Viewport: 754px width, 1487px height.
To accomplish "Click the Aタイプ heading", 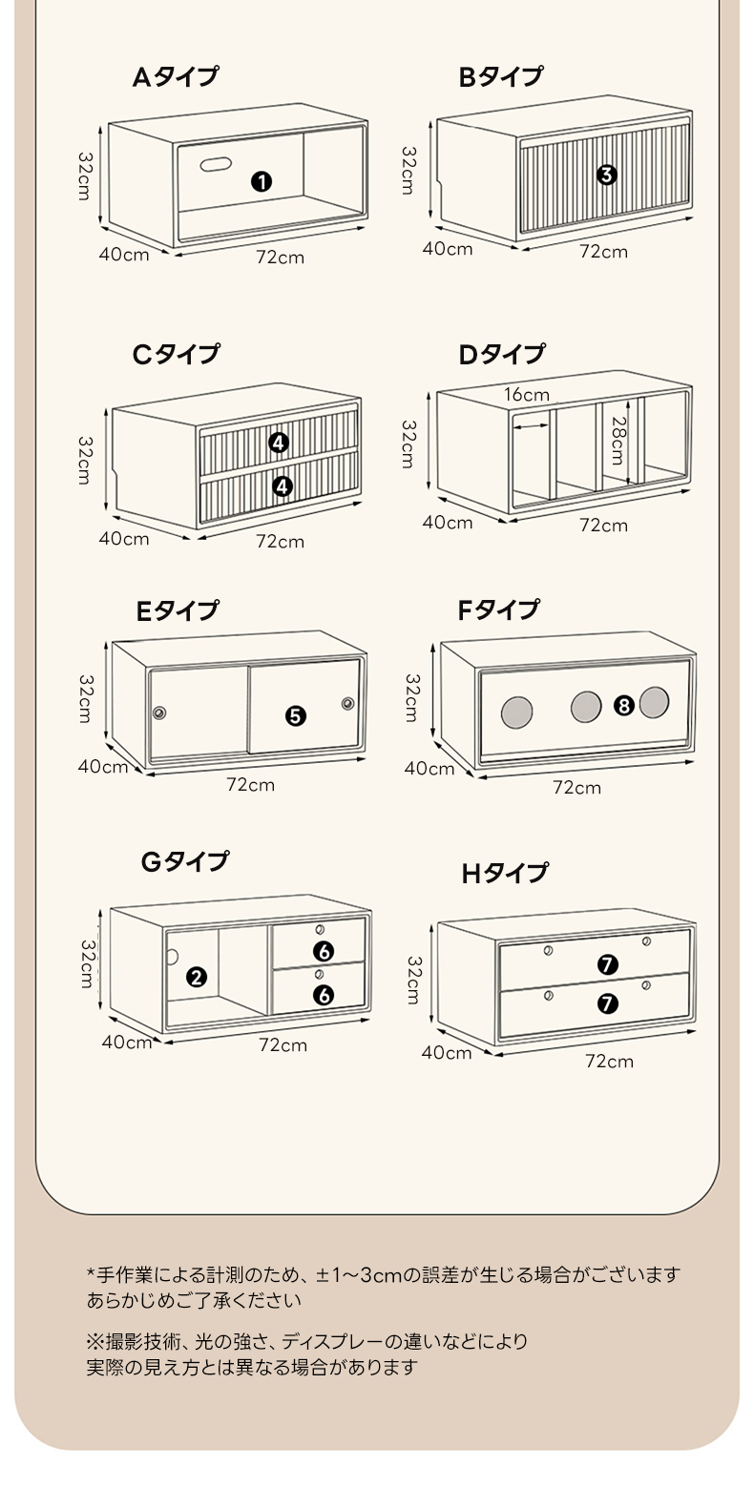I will [x=176, y=77].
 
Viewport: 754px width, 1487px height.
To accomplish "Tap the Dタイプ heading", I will [x=502, y=355].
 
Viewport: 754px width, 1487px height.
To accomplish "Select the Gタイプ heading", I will [x=184, y=861].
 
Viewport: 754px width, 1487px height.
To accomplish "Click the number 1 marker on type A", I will [x=261, y=181].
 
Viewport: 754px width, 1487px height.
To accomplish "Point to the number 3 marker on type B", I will [x=607, y=175].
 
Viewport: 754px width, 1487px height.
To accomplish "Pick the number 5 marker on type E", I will [x=295, y=715].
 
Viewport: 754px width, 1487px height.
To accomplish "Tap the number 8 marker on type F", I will [x=624, y=706].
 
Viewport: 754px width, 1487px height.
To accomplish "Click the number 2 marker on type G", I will [x=197, y=977].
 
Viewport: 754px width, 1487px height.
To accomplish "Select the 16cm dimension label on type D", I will [x=527, y=395].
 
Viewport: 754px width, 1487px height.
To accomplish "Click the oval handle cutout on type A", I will [x=217, y=164].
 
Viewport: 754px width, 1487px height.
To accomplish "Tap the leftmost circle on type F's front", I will [x=517, y=712].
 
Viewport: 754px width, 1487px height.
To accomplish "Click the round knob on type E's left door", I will [x=159, y=713].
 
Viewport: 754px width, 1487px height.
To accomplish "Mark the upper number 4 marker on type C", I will [x=279, y=443].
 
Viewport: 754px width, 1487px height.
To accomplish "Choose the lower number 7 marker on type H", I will [x=607, y=1003].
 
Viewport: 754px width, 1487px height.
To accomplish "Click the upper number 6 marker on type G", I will [x=324, y=951].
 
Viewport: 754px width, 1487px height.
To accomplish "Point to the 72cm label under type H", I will [x=609, y=1062].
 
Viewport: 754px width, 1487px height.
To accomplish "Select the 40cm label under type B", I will [x=448, y=248].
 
